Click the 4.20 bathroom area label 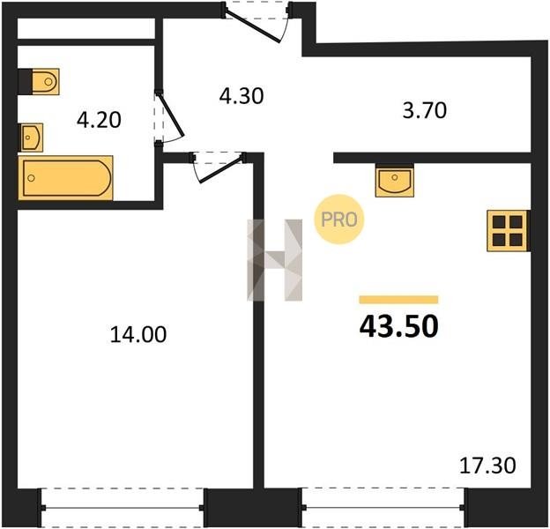tap(99, 120)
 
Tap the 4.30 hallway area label tap(242, 96)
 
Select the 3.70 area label tap(425, 110)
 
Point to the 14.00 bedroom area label tap(138, 334)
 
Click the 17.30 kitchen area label tap(487, 466)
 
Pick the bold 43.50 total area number tap(398, 326)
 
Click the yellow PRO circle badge tap(338, 220)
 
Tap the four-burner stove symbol tap(508, 231)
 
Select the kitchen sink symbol tap(395, 181)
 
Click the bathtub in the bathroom tap(65, 178)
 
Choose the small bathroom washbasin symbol tap(31, 138)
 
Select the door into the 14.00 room tap(218, 168)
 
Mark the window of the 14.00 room tap(123, 507)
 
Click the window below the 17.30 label tap(383, 507)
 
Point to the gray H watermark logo tap(275, 260)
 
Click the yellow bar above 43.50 tap(398, 300)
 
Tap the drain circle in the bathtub tap(31, 178)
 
